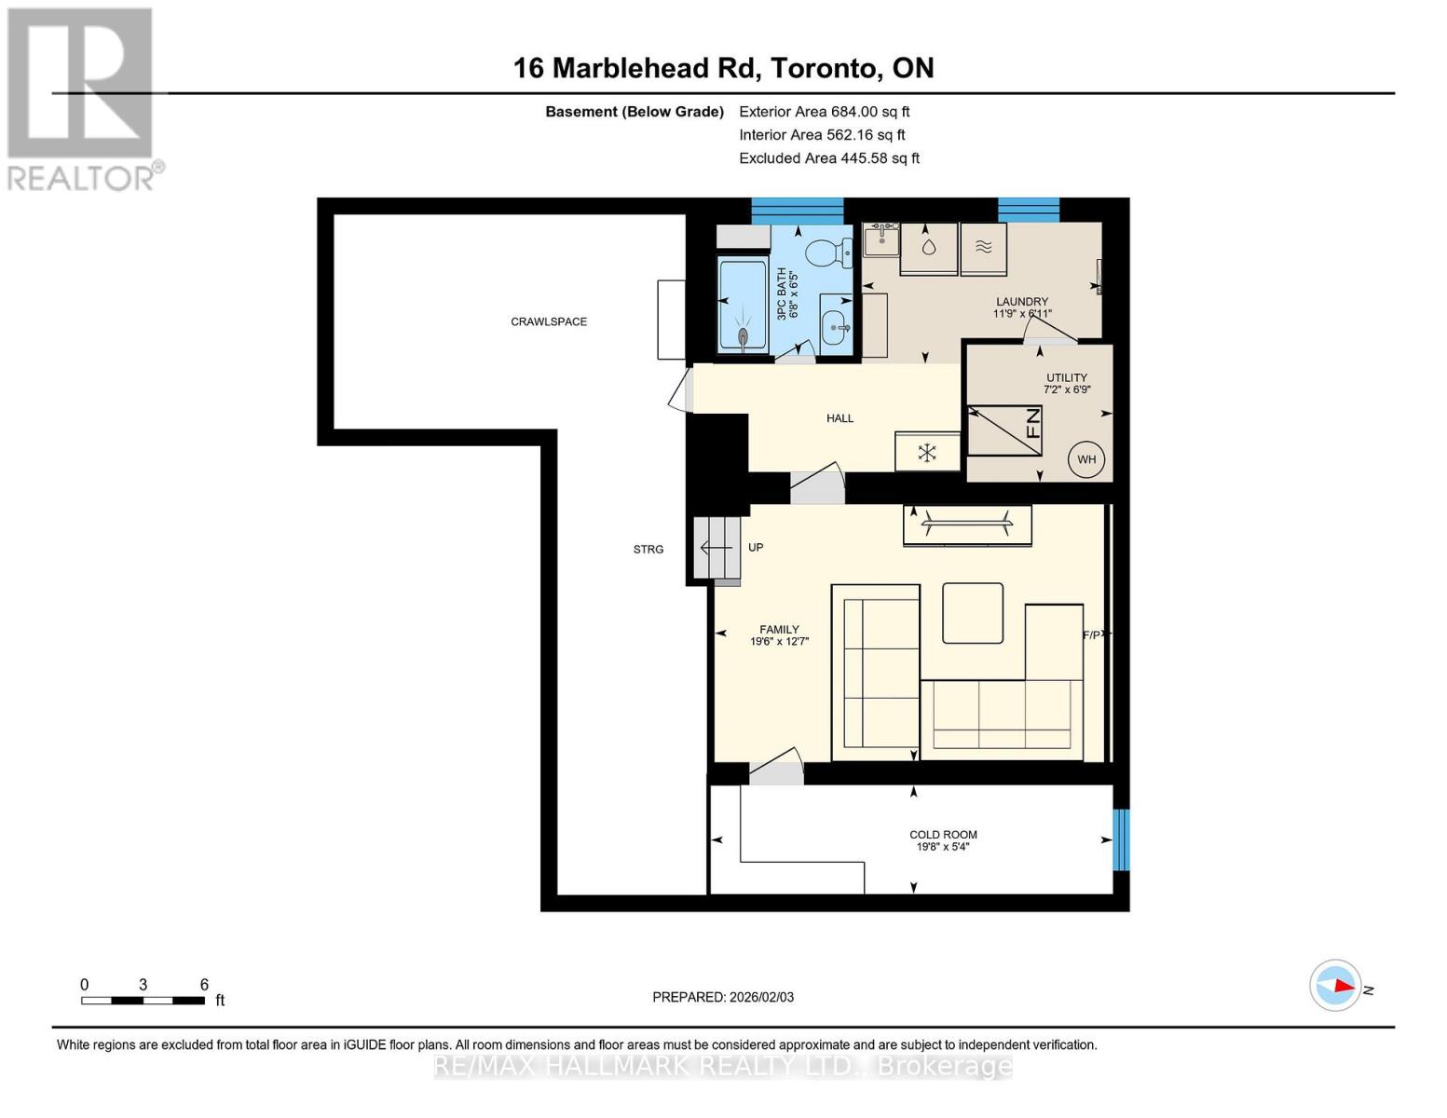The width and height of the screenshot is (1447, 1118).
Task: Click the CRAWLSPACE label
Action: click(549, 321)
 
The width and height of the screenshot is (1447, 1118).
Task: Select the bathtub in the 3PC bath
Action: click(743, 306)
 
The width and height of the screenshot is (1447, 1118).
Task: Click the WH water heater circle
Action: click(1085, 459)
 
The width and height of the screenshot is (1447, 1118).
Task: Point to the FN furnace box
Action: click(1004, 429)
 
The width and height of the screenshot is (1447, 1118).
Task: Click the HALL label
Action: click(840, 418)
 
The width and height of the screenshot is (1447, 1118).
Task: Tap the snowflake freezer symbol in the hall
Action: click(927, 453)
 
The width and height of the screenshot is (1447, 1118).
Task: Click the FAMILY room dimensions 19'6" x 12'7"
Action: click(779, 641)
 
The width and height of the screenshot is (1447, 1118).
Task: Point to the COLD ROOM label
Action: click(943, 835)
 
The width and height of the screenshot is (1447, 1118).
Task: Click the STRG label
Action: click(648, 549)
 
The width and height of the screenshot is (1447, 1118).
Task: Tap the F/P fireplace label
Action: click(1093, 634)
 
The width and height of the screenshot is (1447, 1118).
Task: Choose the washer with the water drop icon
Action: click(929, 248)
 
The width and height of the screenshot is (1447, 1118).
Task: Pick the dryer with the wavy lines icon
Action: click(984, 248)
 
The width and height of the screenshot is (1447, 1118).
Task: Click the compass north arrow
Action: click(1336, 985)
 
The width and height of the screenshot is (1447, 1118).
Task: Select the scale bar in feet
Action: click(143, 1001)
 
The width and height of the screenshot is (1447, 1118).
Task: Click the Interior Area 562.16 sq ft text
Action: click(822, 135)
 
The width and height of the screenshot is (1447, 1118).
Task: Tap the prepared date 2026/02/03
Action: click(723, 997)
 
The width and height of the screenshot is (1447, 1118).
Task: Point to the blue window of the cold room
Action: click(1121, 839)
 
